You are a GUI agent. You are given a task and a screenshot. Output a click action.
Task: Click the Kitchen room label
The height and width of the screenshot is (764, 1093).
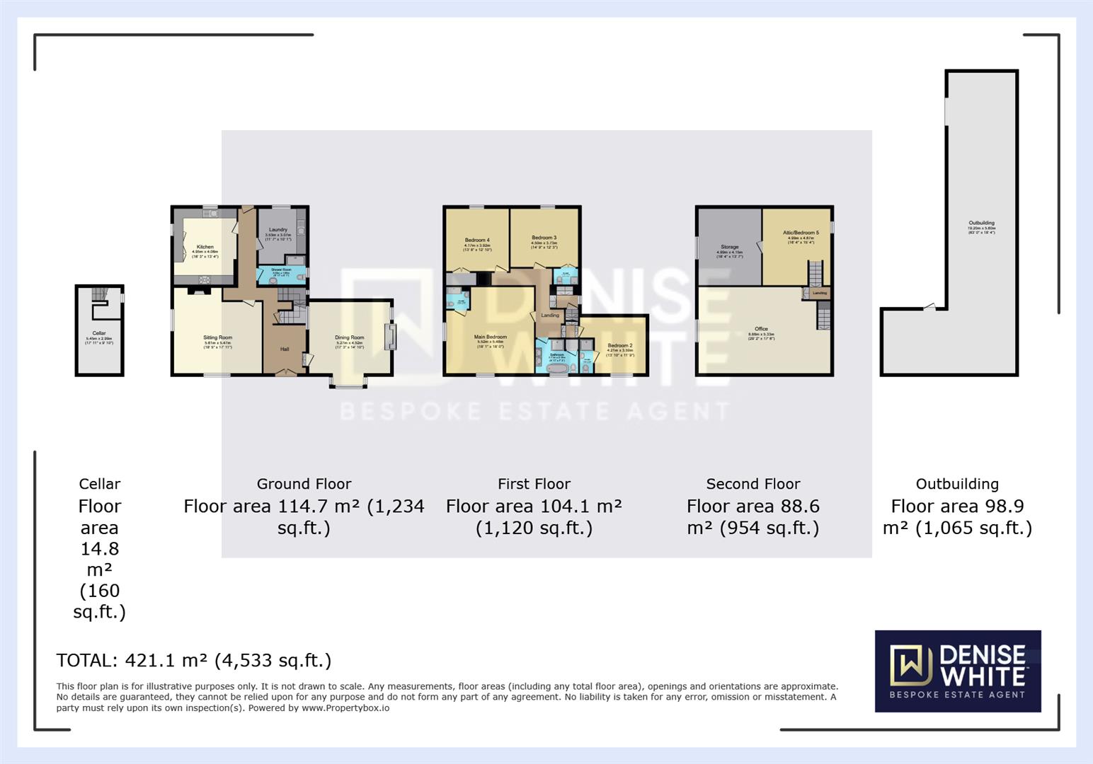click(205, 247)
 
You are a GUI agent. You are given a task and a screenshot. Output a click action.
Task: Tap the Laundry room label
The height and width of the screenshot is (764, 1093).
click(278, 230)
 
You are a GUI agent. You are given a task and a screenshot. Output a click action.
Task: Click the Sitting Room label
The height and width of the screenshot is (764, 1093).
click(217, 338)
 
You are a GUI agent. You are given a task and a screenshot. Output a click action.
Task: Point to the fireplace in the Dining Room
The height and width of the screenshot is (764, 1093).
click(389, 337)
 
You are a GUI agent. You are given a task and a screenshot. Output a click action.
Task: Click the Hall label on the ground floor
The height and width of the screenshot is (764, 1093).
click(285, 349)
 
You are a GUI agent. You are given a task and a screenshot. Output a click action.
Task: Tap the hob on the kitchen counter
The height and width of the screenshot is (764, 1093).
click(205, 279)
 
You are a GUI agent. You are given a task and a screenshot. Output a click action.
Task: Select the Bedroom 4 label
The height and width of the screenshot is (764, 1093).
click(476, 241)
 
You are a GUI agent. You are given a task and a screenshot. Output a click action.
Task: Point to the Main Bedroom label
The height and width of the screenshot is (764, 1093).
click(491, 337)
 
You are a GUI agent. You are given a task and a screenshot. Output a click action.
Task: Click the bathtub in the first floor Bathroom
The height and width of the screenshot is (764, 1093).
click(556, 369)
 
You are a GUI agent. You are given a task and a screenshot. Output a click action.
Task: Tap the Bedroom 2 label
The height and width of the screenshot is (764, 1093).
click(620, 346)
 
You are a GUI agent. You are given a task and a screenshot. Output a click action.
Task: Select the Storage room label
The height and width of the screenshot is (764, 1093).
click(729, 248)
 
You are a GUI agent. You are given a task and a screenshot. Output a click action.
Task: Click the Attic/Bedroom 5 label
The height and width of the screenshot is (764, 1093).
click(801, 233)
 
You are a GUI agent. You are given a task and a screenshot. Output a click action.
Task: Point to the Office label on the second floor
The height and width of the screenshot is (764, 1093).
click(761, 329)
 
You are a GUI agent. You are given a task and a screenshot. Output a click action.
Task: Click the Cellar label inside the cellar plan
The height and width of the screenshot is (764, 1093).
click(99, 333)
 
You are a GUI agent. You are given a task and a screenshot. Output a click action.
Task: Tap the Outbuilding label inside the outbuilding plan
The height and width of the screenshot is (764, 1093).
click(981, 224)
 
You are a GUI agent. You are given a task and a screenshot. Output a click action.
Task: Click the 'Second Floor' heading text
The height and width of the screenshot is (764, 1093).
click(752, 484)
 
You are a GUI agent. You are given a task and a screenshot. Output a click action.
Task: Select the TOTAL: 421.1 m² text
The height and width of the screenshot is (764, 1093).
click(193, 661)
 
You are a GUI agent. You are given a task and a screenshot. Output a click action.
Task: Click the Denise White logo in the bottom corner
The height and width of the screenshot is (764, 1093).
click(957, 671)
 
